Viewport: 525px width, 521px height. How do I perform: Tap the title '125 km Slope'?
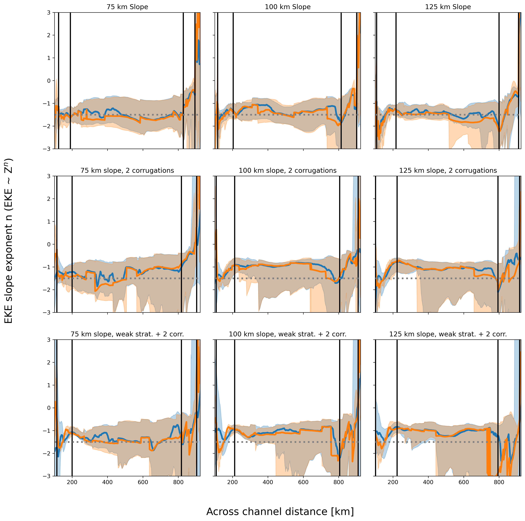point(448,7)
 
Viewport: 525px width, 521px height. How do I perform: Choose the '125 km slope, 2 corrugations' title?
point(448,170)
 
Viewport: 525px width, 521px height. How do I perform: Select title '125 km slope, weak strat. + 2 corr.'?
point(448,334)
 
